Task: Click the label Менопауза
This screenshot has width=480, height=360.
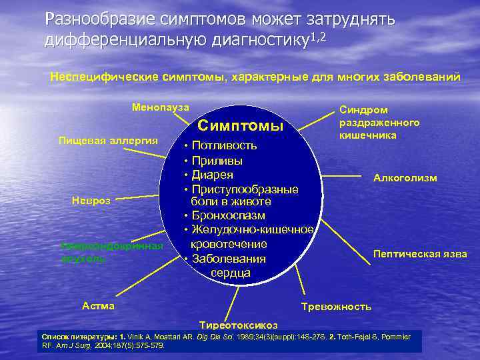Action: point(161,107)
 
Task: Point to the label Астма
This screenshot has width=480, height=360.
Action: point(98,306)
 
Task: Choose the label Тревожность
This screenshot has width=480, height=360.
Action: point(336,307)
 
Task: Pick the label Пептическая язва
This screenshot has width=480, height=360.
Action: point(420,254)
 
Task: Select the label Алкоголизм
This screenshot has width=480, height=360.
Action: point(405,178)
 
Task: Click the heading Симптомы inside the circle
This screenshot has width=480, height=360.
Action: point(241,126)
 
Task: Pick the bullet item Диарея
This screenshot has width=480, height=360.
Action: point(217,175)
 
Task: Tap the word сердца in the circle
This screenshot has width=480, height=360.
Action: point(230,273)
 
